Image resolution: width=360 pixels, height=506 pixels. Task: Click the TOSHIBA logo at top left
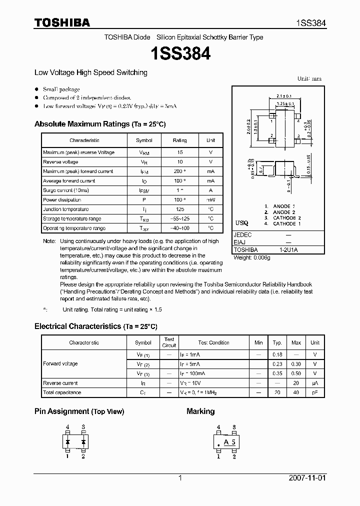(x=62, y=22)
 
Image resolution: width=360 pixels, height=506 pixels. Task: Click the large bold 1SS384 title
(x=180, y=53)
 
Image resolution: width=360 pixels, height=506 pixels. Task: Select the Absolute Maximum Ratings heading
(x=100, y=124)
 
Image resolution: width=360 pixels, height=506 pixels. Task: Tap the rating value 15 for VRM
(x=179, y=152)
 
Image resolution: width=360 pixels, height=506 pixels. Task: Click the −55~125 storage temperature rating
(x=179, y=219)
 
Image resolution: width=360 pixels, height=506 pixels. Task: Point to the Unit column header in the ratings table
(x=210, y=140)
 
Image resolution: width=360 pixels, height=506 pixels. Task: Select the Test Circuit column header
(x=169, y=342)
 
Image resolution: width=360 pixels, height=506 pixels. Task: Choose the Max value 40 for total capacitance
(x=296, y=392)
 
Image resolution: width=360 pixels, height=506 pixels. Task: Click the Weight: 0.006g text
(x=251, y=257)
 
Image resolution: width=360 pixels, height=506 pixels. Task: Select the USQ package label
(x=241, y=223)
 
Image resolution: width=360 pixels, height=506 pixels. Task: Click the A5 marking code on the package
(x=229, y=442)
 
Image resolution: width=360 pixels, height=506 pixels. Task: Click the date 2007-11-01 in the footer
(x=306, y=478)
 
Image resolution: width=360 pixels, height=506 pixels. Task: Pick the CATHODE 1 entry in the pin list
(x=286, y=223)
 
